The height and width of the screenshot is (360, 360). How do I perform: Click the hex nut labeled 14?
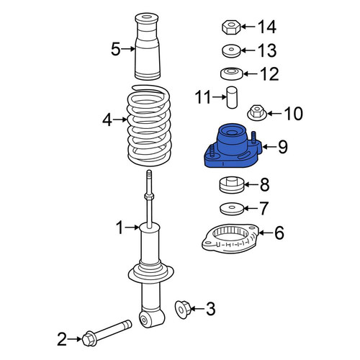tap(231, 27)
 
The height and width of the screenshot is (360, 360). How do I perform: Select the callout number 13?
tap(267, 50)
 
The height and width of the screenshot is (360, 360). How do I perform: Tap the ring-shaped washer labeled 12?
tap(232, 73)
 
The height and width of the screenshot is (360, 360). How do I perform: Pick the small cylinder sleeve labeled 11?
tap(232, 97)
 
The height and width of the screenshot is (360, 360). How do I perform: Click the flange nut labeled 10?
tap(257, 113)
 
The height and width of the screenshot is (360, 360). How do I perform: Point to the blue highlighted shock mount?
tap(233, 146)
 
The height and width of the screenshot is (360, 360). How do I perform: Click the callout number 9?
tap(283, 147)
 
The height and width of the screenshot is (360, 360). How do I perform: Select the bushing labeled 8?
tap(232, 185)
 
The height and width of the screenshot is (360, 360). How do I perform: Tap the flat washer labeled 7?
tap(232, 209)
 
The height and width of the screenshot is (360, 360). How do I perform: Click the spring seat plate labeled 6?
tap(230, 238)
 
